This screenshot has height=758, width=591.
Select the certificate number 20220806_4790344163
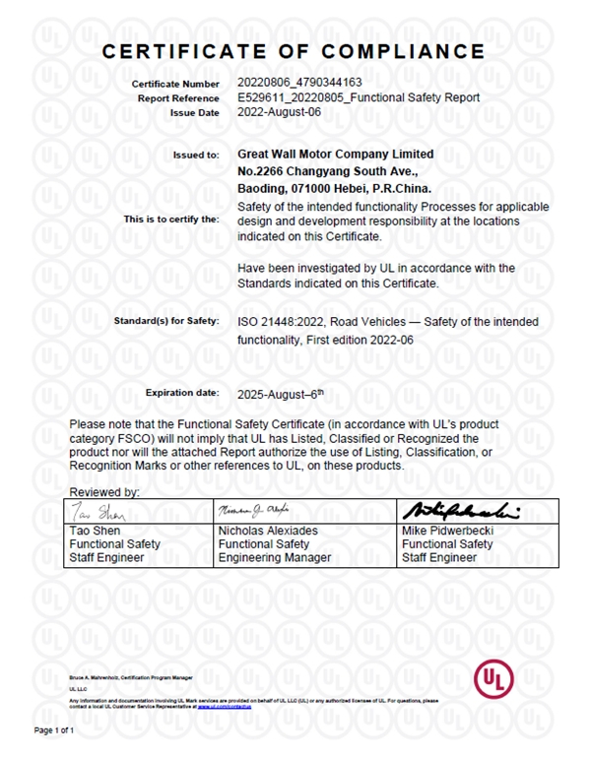click(x=299, y=84)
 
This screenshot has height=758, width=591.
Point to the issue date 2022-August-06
click(x=280, y=112)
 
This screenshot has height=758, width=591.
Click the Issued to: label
click(x=197, y=156)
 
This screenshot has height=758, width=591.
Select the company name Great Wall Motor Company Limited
click(x=336, y=155)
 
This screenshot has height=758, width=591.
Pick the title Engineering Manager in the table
click(x=274, y=557)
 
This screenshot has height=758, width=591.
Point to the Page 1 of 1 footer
click(x=55, y=730)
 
